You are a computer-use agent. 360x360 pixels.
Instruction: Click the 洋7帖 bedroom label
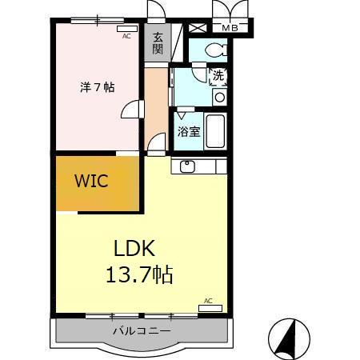(x=95, y=88)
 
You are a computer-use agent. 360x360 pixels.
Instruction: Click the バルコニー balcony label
(x=141, y=330)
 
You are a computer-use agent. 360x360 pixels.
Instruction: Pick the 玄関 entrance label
(x=158, y=42)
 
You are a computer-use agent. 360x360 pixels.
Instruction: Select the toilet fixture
(x=215, y=50)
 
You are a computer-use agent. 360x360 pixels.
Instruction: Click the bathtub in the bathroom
(x=217, y=130)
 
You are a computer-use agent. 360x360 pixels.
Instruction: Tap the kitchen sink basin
(x=189, y=166)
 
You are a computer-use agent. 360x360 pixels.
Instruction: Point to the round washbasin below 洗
(x=219, y=98)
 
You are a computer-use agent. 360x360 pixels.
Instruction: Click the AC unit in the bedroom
(x=127, y=30)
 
